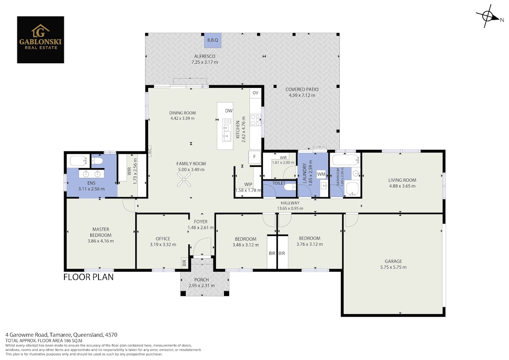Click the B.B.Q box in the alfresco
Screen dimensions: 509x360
[213, 40]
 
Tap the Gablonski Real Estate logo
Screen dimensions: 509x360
[40, 39]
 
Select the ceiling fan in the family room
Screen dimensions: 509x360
[184, 180]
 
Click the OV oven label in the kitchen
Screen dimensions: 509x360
[255, 93]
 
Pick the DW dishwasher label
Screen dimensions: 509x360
[229, 111]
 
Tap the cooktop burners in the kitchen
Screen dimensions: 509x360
[255, 120]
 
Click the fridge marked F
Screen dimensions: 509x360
[254, 157]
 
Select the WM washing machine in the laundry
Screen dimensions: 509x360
[321, 174]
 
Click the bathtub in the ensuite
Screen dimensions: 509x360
[78, 161]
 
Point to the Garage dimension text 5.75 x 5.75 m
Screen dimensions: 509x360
[393, 267]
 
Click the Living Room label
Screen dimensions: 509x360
[402, 180]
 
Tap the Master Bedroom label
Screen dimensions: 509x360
[101, 232]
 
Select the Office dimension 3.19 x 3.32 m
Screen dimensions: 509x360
[163, 245]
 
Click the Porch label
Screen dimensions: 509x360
[201, 280]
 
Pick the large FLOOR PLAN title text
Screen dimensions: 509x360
[88, 277]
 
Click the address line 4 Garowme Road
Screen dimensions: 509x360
[62, 335]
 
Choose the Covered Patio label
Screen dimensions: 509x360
[302, 90]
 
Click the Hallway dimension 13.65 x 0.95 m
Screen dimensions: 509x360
[290, 208]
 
